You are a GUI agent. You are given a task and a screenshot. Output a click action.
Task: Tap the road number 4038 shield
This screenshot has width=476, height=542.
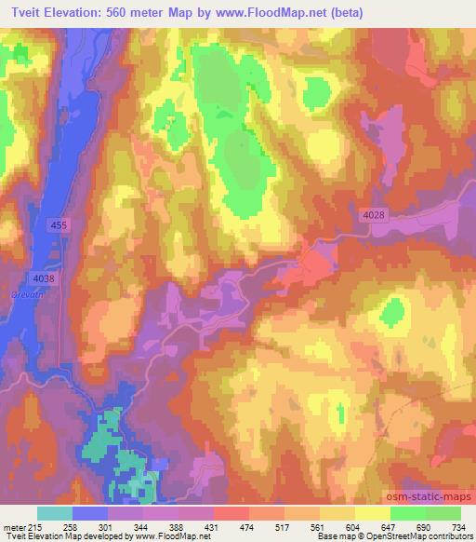pos(44,278)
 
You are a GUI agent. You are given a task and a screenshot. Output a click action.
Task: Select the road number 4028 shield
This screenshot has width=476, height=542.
pos(372,216)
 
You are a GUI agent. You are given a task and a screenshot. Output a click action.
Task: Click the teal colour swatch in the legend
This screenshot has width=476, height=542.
pos(55,513)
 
